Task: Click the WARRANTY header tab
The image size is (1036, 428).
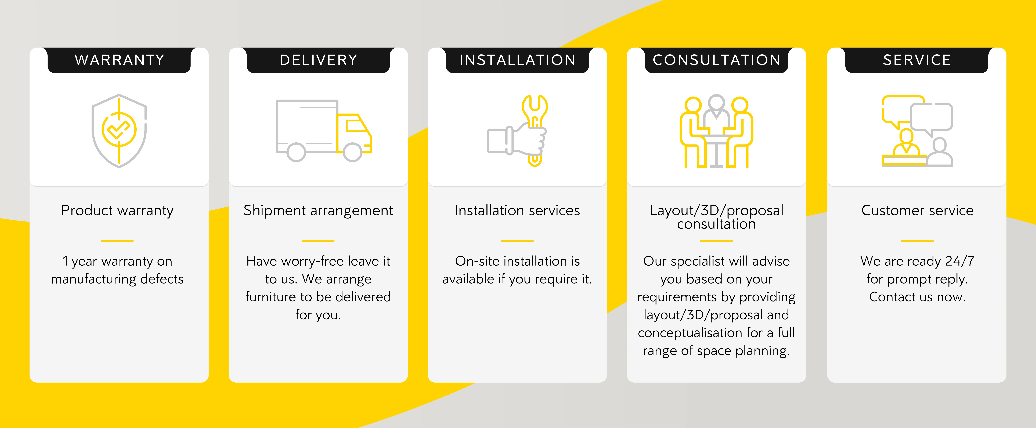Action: (119, 60)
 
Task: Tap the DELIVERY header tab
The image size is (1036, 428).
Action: (318, 60)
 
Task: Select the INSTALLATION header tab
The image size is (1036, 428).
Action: (517, 60)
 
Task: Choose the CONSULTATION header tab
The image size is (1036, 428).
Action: (716, 60)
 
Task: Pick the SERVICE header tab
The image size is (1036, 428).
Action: (917, 60)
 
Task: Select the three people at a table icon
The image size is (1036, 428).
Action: (716, 132)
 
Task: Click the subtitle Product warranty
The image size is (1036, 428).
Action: (117, 210)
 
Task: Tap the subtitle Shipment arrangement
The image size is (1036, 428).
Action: (318, 210)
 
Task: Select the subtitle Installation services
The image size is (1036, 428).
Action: (517, 210)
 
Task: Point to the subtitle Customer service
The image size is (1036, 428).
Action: (917, 210)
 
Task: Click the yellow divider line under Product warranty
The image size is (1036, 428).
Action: (117, 241)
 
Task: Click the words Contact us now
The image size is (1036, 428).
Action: (917, 297)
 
